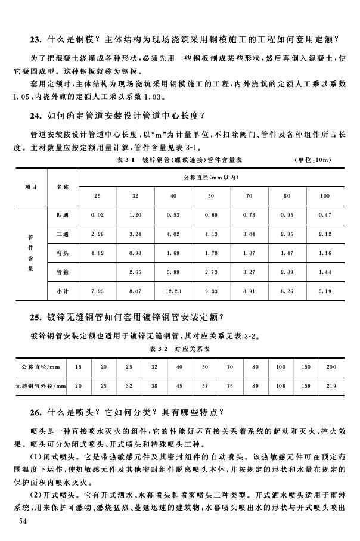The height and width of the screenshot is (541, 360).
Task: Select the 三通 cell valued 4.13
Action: point(211,234)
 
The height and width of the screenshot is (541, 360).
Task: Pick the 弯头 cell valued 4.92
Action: point(97,253)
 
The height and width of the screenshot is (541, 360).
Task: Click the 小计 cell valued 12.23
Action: point(173,291)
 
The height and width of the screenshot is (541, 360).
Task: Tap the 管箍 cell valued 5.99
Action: point(173,272)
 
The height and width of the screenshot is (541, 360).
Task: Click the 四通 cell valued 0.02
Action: point(97,215)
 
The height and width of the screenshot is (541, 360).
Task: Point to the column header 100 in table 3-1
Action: point(325,196)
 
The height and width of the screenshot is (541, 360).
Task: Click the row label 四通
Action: point(62,215)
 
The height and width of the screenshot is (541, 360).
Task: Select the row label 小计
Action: point(62,291)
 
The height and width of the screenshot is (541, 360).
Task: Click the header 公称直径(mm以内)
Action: point(211,178)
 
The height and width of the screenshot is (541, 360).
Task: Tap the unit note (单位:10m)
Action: point(313,160)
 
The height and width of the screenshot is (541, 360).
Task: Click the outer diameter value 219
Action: point(331,387)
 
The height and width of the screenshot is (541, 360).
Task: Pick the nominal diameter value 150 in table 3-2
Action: point(306,367)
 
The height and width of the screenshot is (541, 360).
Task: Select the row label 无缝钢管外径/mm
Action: point(40,387)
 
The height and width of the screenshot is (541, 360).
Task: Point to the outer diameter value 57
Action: point(205,387)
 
